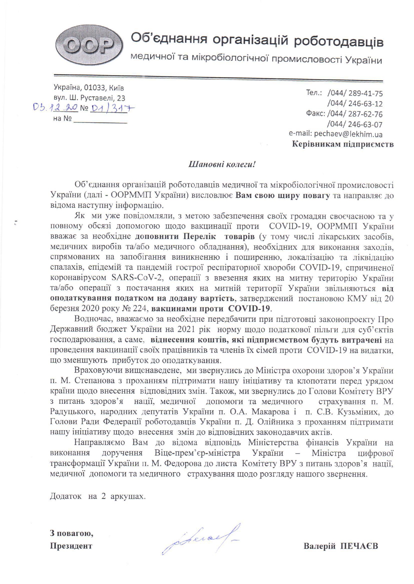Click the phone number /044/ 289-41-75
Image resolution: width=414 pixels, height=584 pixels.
coord(355,93)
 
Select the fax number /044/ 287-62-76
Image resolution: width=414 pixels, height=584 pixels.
coord(355,114)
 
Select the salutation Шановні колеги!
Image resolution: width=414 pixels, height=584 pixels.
coord(222,164)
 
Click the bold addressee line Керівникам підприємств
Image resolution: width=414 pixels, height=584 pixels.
coord(343,144)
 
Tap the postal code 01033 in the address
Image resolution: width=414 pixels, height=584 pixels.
coord(95,88)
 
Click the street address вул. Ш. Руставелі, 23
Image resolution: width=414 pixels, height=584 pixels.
coord(89,98)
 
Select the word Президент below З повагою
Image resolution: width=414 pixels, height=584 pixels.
coord(71,546)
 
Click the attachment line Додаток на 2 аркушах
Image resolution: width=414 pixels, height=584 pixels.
coord(98,496)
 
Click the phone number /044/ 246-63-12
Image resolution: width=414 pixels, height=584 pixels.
coord(355,103)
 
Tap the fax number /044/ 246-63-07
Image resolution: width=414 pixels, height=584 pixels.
coord(355,124)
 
